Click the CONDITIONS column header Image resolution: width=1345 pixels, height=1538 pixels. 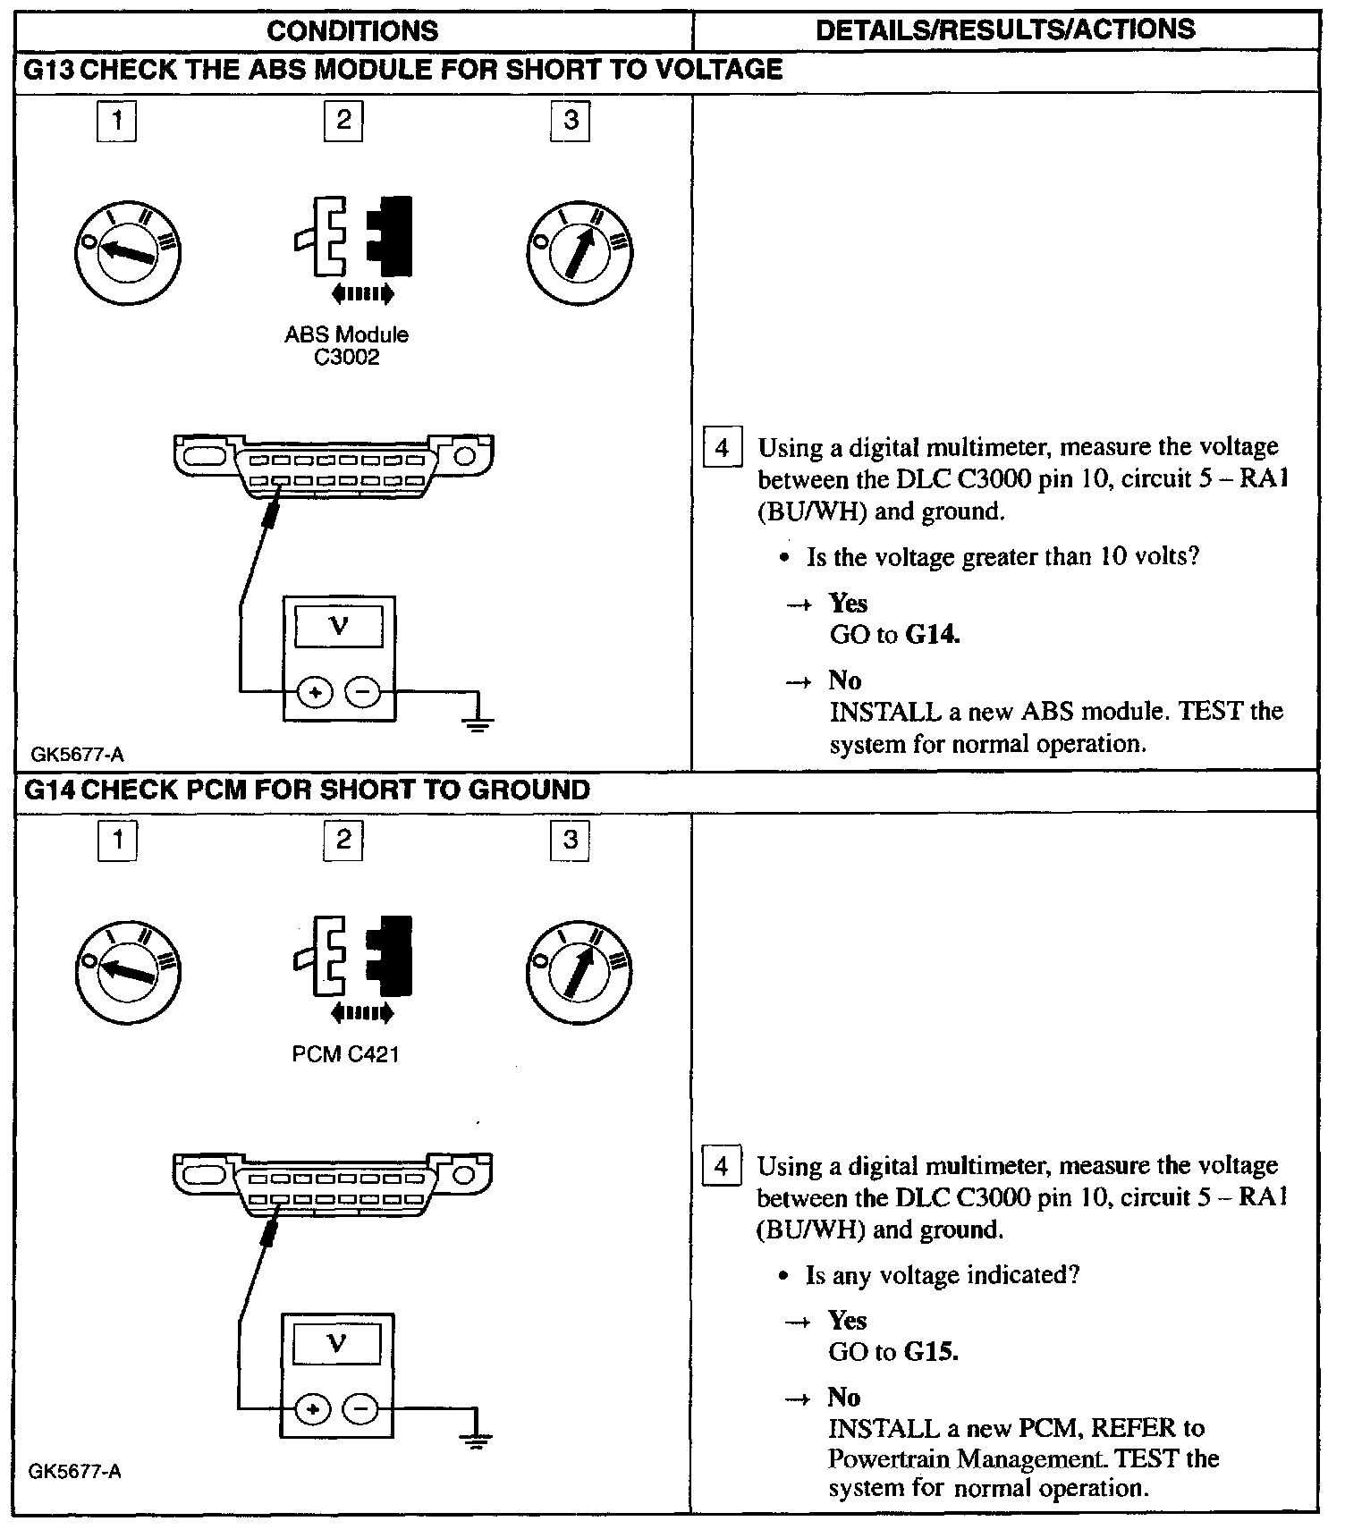point(352,31)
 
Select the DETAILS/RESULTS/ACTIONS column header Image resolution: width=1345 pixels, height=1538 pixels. point(1005,30)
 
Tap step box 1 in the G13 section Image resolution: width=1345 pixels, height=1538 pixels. point(116,121)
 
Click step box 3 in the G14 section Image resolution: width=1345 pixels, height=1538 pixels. point(571,841)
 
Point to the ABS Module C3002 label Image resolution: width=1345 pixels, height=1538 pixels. point(347,346)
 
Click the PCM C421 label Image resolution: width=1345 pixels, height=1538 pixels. point(345,1054)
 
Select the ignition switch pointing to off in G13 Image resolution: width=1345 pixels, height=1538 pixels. point(129,249)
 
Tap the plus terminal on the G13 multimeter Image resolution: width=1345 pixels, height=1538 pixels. point(314,691)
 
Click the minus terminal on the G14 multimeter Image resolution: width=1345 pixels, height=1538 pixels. point(361,1409)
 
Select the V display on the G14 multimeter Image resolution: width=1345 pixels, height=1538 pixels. point(336,1343)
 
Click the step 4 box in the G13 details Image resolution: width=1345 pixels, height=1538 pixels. point(722,447)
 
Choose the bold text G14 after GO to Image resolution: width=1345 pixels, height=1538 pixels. point(933,635)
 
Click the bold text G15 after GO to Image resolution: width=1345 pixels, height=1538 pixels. point(931,1351)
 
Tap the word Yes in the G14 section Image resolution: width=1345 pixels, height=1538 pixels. point(847,1321)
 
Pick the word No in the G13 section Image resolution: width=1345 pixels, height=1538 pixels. point(845,680)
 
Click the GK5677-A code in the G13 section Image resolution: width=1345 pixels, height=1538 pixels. point(77,755)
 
